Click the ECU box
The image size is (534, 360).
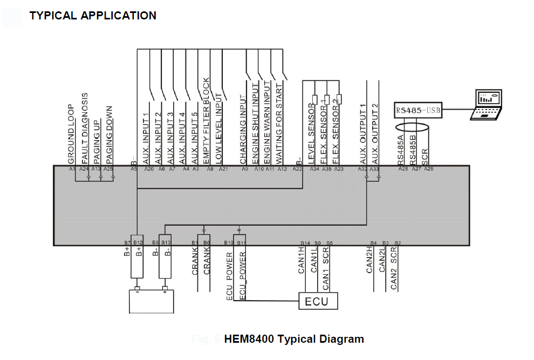(x=318, y=301)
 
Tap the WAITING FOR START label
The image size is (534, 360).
(x=279, y=124)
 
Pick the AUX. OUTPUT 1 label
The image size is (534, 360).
(x=363, y=134)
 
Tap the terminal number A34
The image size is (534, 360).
(x=314, y=169)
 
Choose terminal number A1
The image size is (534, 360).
(x=72, y=169)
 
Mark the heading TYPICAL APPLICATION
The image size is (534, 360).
(x=93, y=16)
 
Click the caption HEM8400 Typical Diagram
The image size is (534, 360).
(x=293, y=339)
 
